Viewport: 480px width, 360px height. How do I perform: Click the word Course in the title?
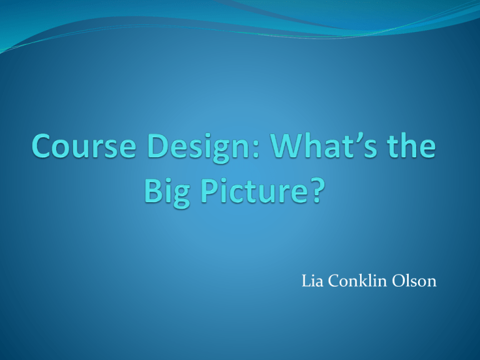pos(84,146)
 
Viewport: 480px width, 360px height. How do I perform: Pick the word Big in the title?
pos(167,193)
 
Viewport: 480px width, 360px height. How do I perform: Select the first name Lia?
pos(312,281)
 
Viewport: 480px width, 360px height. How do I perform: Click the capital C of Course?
pos(41,146)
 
